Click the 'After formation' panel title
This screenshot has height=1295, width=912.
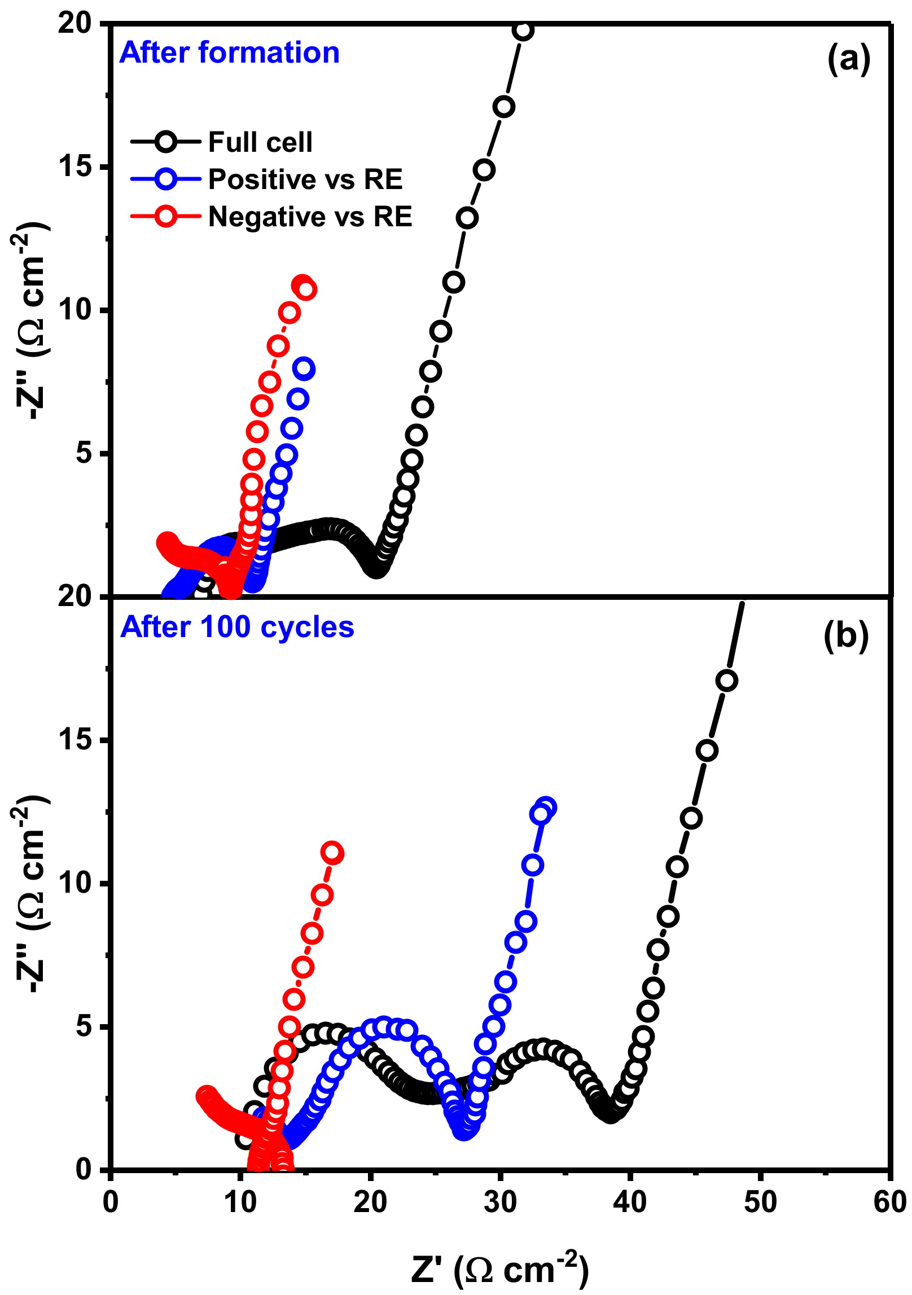[x=229, y=52]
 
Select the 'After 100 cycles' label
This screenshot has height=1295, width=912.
[x=237, y=627]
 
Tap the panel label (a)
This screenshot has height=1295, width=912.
[x=849, y=58]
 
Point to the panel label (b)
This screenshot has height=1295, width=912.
[x=846, y=636]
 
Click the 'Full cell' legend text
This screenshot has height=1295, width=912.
[x=260, y=142]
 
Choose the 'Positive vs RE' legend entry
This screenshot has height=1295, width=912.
[x=305, y=179]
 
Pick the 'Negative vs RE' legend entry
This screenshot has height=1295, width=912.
[x=310, y=217]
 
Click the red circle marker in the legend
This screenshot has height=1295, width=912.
[x=166, y=217]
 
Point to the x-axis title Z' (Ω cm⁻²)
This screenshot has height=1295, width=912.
[x=500, y=1269]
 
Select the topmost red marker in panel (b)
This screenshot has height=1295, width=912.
[x=332, y=853]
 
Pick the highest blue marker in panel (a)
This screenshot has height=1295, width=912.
[x=304, y=369]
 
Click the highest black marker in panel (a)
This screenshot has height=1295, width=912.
[x=524, y=30]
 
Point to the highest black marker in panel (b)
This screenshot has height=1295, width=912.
[x=727, y=681]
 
